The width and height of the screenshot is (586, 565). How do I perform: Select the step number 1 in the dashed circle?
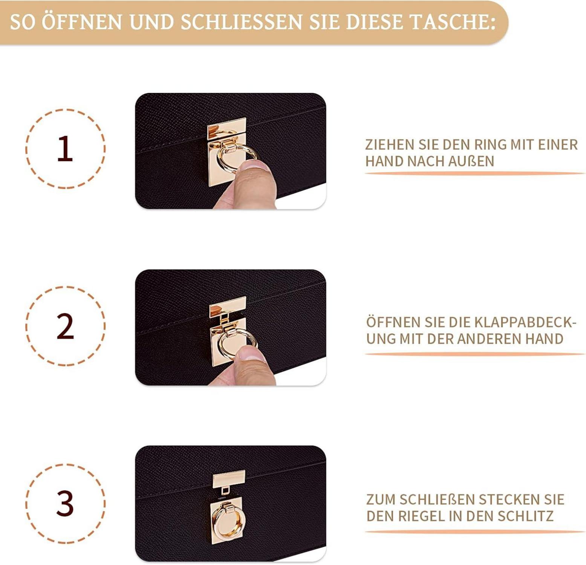65,149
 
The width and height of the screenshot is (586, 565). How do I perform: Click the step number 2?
65,326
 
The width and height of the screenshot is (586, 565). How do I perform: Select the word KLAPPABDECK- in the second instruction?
525,322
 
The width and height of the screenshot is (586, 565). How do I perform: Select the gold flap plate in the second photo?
228,306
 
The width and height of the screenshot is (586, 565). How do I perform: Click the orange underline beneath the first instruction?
475,173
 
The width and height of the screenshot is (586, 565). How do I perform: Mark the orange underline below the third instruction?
475,531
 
